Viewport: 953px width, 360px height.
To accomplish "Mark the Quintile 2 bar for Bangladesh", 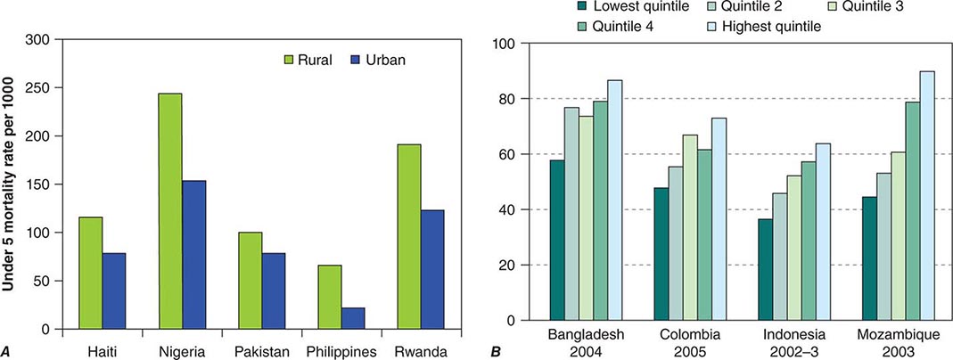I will (x=571, y=214).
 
